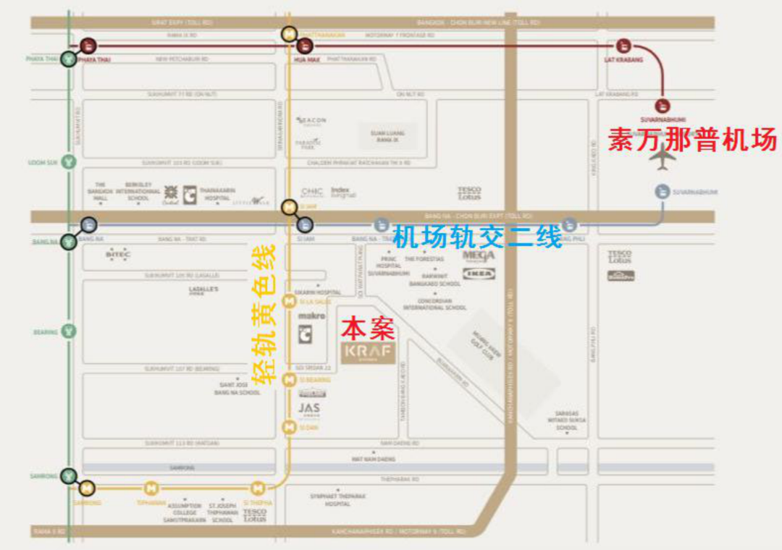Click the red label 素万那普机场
coord(691,139)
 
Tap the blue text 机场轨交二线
coord(477,237)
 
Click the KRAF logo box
coord(369,352)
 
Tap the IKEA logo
coord(479,274)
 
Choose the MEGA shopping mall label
coord(479,256)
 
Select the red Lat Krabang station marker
coord(623,46)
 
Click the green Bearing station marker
coord(69,331)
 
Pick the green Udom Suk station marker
coord(69,163)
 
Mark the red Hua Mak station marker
coord(305,46)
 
